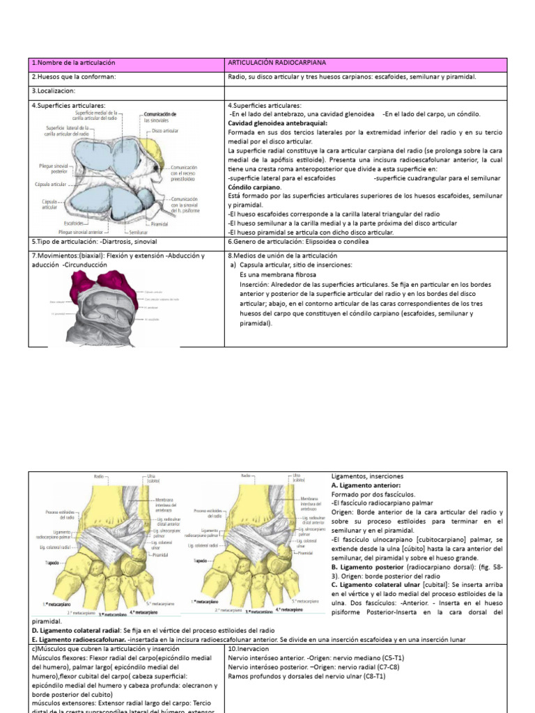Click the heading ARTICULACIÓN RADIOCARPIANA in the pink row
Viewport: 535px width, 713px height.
click(277, 63)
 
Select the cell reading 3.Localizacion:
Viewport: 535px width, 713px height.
click(52, 91)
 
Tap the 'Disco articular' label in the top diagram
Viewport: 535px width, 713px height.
click(164, 131)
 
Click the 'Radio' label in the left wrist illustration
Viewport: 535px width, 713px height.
click(100, 476)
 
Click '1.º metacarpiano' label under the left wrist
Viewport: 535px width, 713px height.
click(53, 600)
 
